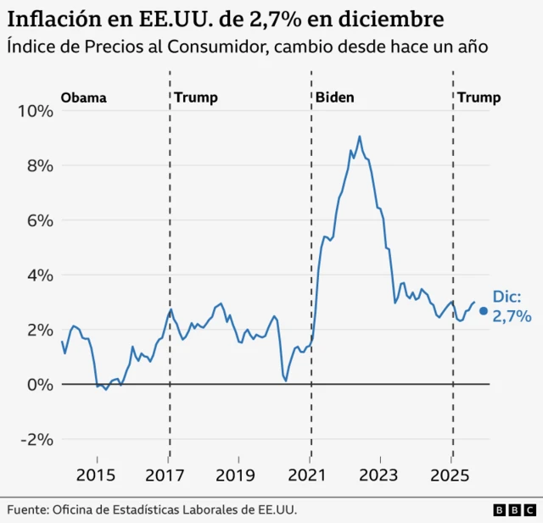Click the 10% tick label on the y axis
click(x=36, y=110)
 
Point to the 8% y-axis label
click(x=40, y=165)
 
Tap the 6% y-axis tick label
click(x=40, y=220)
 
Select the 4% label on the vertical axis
click(x=40, y=275)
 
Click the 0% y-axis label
click(x=40, y=384)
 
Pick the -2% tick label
click(x=36, y=439)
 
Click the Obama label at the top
click(x=83, y=97)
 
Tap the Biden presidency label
click(x=334, y=97)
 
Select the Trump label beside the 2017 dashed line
click(x=196, y=97)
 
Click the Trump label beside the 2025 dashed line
click(x=479, y=97)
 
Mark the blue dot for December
click(x=483, y=311)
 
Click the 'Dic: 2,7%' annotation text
click(x=512, y=307)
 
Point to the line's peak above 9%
click(x=359, y=136)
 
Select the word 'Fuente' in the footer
click(x=28, y=509)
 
